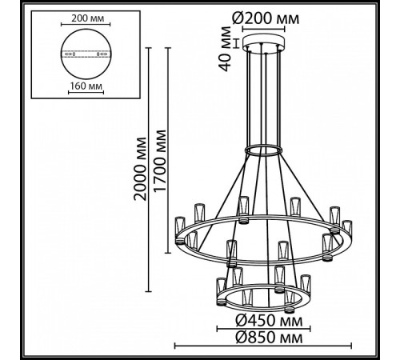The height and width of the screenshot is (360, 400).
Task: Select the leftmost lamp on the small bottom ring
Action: [216, 285]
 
